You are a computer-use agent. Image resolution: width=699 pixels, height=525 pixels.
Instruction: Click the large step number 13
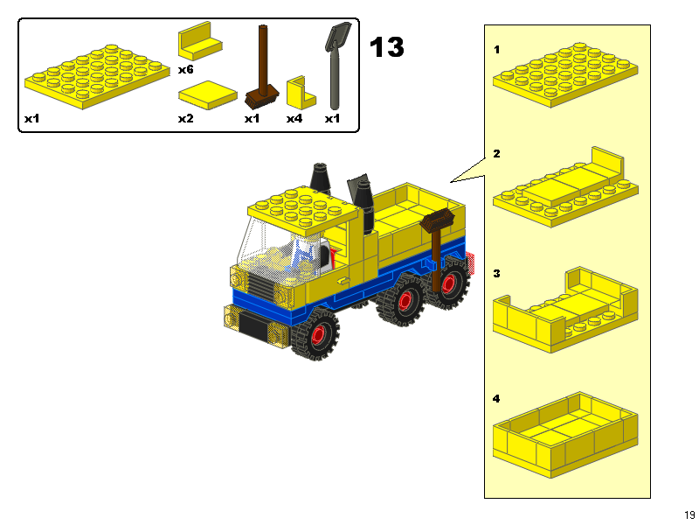pos(387,47)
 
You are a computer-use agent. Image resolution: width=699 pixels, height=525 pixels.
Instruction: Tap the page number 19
pos(689,514)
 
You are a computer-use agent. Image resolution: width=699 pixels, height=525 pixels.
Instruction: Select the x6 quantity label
pos(185,68)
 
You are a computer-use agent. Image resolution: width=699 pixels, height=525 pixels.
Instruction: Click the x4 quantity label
pos(294,118)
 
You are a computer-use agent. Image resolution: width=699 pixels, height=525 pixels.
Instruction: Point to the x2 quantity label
pos(185,118)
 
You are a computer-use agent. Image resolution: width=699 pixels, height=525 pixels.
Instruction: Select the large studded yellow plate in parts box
pos(97,76)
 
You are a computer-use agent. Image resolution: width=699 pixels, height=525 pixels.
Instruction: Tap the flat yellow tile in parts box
pos(208,94)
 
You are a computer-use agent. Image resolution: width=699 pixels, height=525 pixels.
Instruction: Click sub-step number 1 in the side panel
pos(497,50)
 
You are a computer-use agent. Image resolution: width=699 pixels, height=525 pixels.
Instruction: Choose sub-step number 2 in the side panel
pos(497,154)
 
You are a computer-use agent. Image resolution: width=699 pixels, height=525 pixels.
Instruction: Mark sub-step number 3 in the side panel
pos(497,274)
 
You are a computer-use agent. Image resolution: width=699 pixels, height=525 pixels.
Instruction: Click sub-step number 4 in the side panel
pos(497,399)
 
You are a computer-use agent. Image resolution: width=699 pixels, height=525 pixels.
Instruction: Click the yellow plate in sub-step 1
pos(567,74)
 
